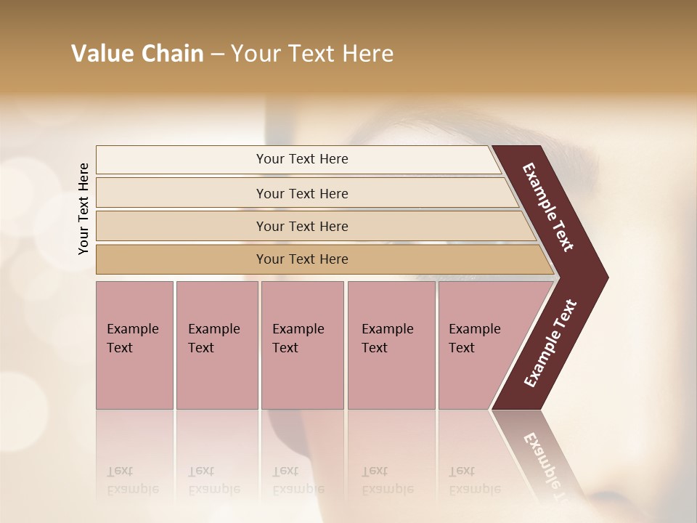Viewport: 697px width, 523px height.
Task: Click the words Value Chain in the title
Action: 137,54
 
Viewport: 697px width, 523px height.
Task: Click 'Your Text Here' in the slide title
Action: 312,54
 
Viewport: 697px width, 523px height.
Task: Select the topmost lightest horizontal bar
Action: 182,160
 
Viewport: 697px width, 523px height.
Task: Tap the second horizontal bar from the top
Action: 182,193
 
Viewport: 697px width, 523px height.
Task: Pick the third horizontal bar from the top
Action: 182,226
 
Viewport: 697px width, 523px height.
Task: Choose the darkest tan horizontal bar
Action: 182,259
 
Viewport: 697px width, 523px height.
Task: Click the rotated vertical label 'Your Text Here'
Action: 84,208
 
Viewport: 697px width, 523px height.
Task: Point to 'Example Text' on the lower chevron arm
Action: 550,343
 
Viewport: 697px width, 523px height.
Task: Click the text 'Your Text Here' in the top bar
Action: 302,159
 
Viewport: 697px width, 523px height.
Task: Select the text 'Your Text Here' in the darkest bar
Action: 302,259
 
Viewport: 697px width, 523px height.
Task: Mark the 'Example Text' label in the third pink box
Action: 298,338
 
